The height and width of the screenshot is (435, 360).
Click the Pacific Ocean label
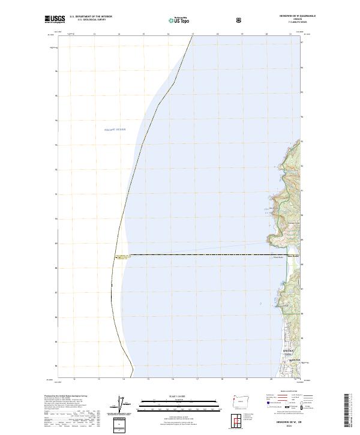(115, 130)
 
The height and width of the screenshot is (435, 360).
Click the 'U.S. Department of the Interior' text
(91, 17)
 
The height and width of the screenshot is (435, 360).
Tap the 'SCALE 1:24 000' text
(172, 397)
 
